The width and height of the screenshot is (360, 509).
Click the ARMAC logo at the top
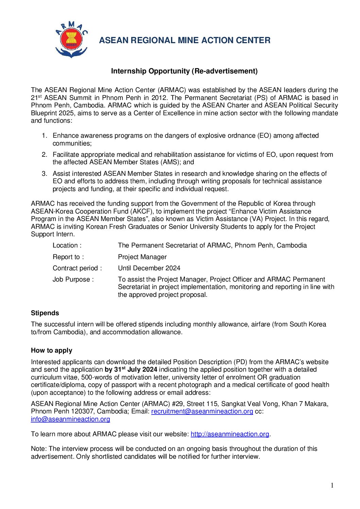tap(71, 39)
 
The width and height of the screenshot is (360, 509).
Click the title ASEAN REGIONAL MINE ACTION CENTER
tap(185, 40)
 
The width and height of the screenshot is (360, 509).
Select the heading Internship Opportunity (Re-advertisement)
tap(184, 71)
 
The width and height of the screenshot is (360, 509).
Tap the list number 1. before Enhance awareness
tap(45, 136)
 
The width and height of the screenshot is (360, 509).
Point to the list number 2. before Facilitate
tap(45, 155)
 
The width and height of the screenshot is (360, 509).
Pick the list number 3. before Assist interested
tap(45, 174)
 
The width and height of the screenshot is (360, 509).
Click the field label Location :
tap(67, 245)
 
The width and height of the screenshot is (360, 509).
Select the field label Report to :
tap(68, 257)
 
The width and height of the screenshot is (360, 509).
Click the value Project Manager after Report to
tap(142, 257)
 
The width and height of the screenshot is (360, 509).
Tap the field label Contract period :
tap(77, 268)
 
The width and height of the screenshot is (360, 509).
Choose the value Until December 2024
tap(149, 268)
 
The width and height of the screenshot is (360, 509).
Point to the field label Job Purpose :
tap(73, 279)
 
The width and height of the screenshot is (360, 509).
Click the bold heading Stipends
tap(45, 313)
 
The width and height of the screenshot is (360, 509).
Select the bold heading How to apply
tap(52, 351)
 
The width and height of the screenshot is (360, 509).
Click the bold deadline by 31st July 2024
tap(131, 370)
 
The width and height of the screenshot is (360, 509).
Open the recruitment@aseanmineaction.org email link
tap(202, 411)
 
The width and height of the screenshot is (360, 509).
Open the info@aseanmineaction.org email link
tap(70, 419)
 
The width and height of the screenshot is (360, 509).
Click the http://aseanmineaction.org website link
tap(230, 434)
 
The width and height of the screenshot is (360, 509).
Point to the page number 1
tap(332, 486)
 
